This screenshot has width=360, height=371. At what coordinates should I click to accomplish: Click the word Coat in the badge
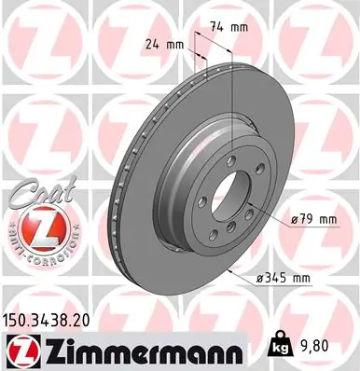tap(35, 197)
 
